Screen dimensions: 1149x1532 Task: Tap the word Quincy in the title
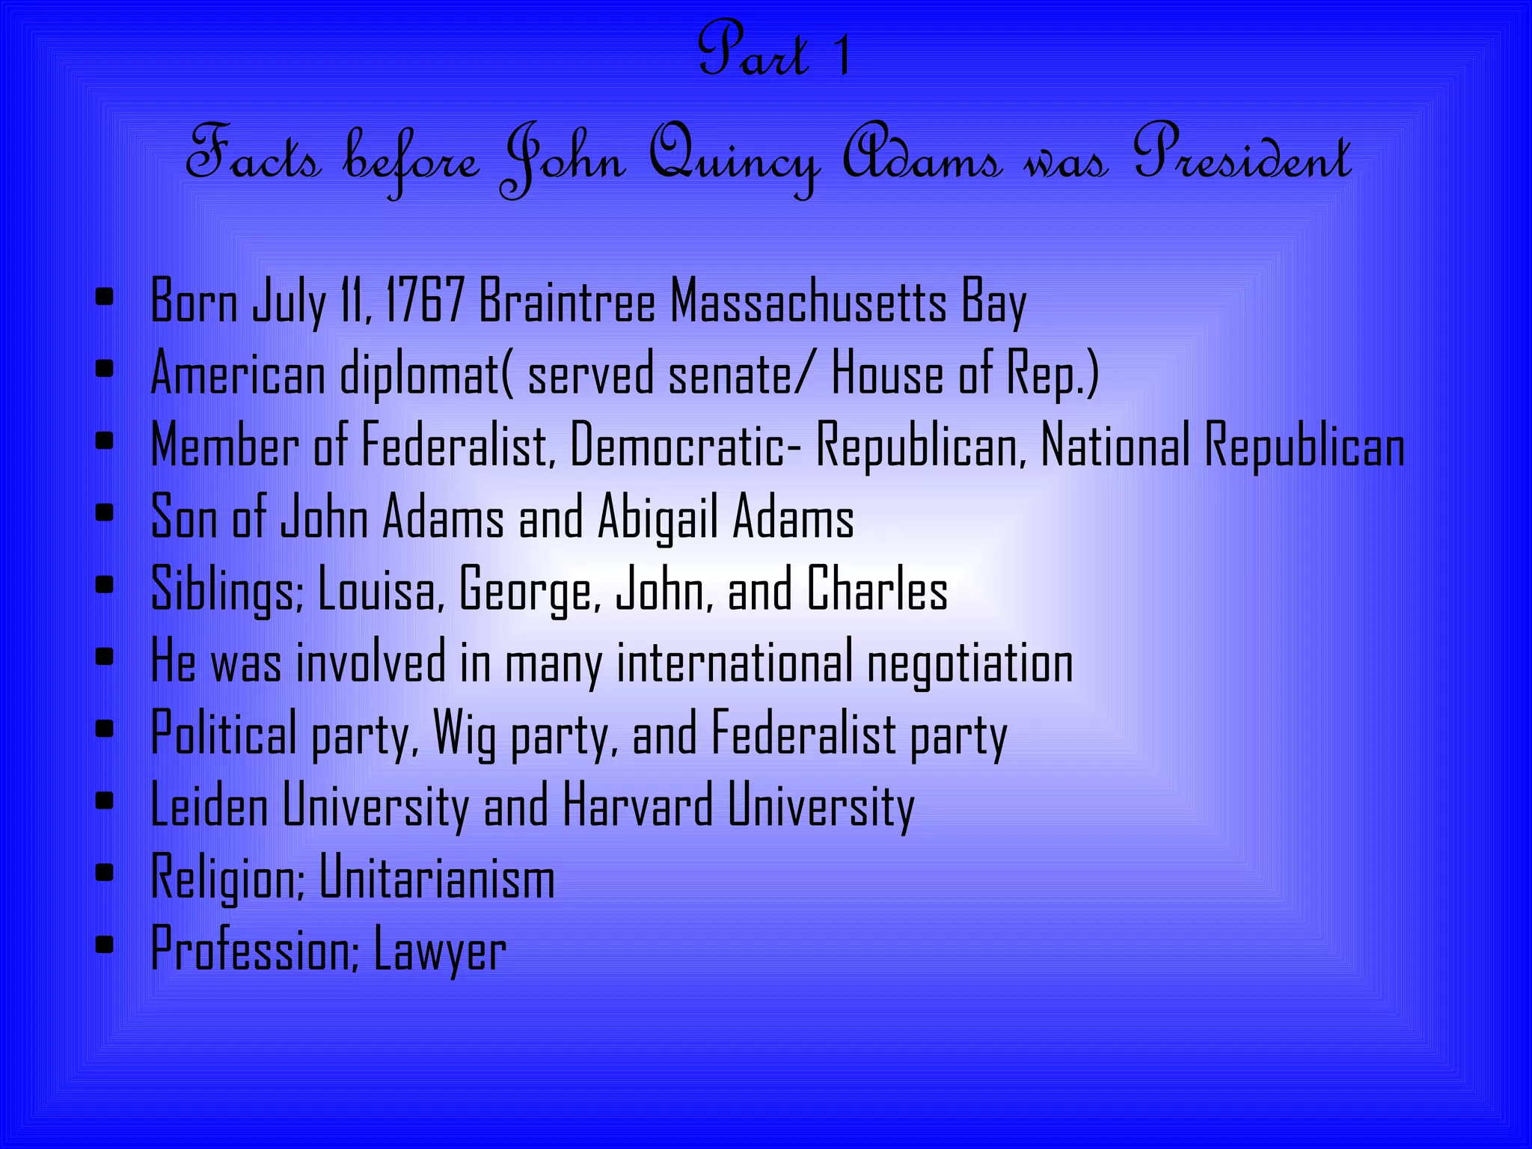(733, 159)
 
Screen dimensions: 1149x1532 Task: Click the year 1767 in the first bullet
(424, 301)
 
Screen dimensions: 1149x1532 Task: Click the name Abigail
(658, 517)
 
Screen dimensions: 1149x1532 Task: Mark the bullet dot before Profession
(105, 944)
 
